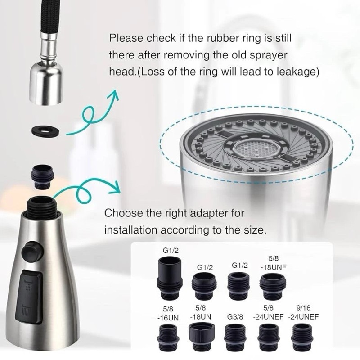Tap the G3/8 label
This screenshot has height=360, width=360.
coord(235,316)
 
